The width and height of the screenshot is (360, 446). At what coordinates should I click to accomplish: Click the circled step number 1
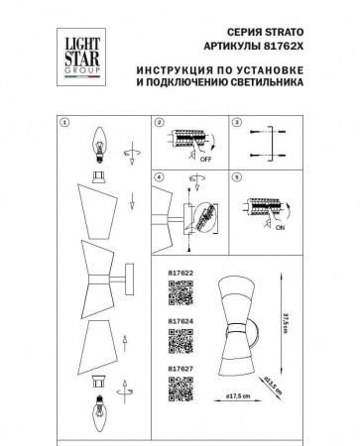tap(64, 124)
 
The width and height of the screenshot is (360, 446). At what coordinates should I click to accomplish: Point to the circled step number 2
tap(159, 124)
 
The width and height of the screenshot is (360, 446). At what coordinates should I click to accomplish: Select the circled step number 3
tap(237, 124)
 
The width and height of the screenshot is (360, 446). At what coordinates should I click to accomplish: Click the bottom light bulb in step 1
tap(100, 406)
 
